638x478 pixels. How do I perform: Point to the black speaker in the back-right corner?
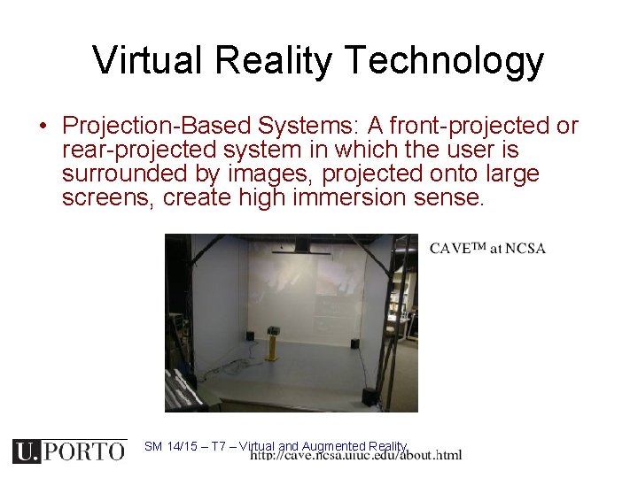point(354,343)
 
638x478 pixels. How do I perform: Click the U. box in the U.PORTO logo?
point(27,451)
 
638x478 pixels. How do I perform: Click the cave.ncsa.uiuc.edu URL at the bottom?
point(355,456)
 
